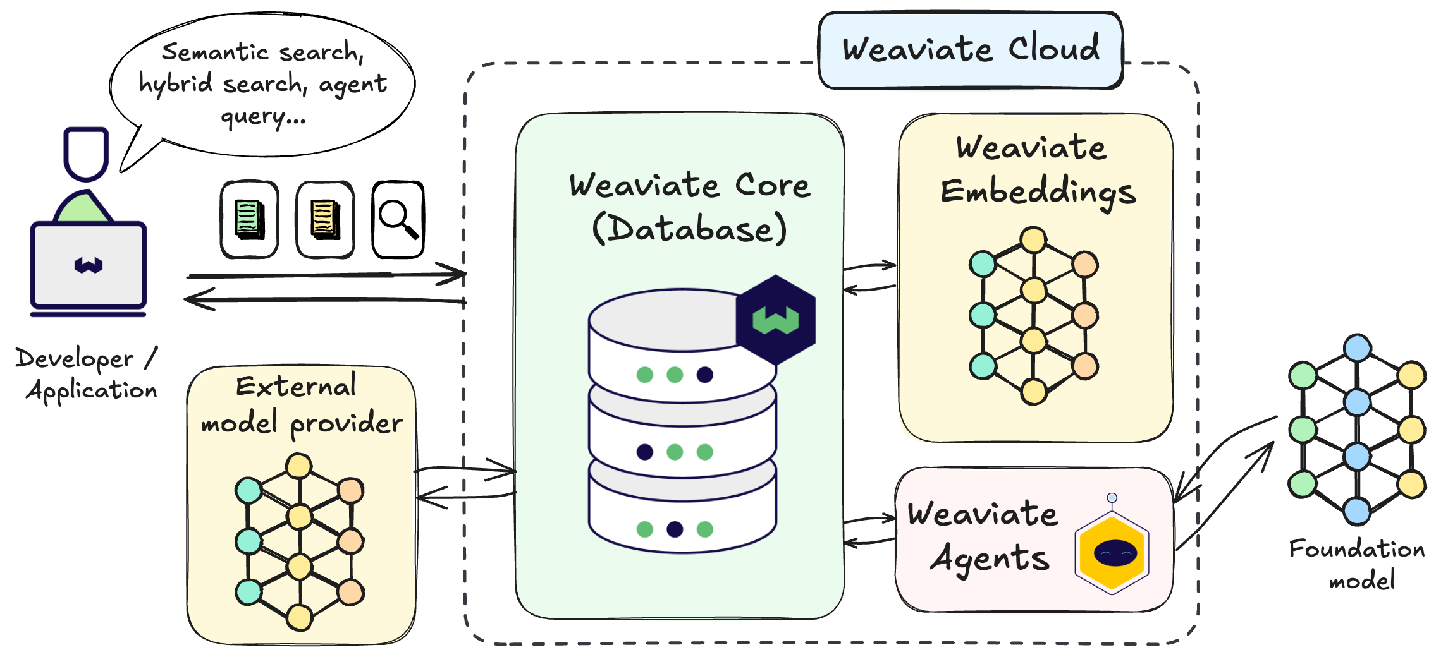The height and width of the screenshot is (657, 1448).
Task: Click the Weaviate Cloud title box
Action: coord(971,50)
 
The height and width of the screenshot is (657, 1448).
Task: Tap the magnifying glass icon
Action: coord(398,219)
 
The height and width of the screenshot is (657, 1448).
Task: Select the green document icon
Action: coord(250,219)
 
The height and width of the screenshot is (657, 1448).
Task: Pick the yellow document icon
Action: coord(326,219)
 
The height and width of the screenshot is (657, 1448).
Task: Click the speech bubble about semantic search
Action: coord(262,83)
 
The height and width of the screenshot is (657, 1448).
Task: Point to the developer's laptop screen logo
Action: coord(89,265)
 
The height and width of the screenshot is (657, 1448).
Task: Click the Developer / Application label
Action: coord(87,374)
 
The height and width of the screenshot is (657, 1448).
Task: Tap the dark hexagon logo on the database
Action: coord(776,320)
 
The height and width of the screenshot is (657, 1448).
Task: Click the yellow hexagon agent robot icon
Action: coord(1112,553)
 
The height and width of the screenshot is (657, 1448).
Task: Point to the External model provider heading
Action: coord(301,404)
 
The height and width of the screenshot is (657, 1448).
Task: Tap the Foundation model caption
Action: coord(1358,564)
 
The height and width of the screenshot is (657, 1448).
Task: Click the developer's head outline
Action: coord(86,154)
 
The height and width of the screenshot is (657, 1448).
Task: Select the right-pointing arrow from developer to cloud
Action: coord(326,275)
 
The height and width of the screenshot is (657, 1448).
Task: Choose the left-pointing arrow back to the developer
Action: coord(325,299)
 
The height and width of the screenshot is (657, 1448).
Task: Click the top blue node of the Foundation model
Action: coord(1358,348)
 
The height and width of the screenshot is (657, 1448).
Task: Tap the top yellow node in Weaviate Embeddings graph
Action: coord(1033,240)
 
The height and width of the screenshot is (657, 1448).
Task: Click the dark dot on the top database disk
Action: coord(705,375)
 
